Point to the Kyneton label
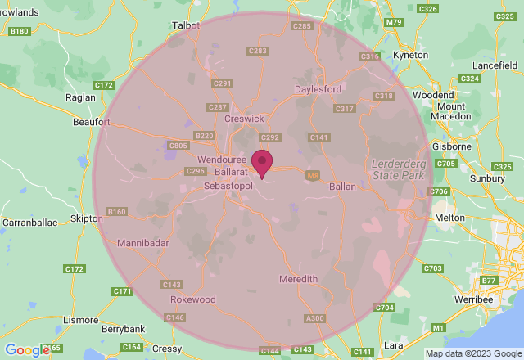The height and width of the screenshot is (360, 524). (410, 55)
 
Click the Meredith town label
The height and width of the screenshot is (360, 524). (298, 279)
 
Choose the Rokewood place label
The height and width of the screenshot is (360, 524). (193, 299)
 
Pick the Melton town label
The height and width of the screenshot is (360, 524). (449, 218)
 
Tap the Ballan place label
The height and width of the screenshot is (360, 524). (342, 187)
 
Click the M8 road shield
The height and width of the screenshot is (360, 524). (312, 174)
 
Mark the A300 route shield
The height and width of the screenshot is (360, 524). (314, 317)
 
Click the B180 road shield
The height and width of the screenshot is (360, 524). (19, 31)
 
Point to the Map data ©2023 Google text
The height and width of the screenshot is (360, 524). (472, 353)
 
